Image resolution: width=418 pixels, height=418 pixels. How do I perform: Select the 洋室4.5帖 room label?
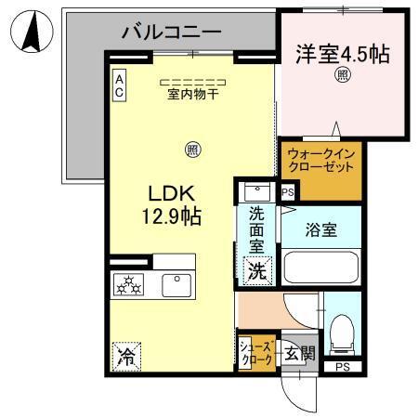tap(343, 53)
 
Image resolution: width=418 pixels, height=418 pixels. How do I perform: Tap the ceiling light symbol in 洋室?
tap(343, 76)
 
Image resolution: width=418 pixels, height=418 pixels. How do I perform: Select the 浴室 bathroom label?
tap(321, 229)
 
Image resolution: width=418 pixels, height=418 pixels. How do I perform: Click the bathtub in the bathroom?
tap(321, 268)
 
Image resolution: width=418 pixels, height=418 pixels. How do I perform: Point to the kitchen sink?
tap(175, 285)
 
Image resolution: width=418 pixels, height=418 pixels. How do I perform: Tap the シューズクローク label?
tap(257, 352)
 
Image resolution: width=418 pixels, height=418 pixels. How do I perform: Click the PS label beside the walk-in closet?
tap(288, 193)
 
